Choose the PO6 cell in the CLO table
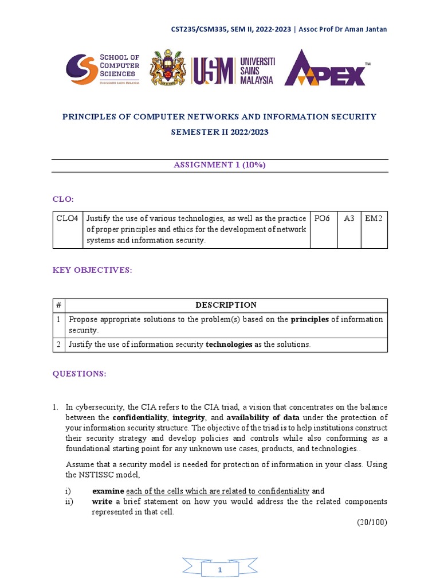coord(323,218)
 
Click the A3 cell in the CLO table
coord(349,218)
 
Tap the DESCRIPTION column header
coord(226,305)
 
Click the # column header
coord(59,305)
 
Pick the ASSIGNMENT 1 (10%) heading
coord(220,165)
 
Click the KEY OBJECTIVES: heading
coord(92,270)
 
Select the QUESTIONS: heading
coord(80,374)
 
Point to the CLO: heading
coord(64,199)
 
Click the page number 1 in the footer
coord(220,570)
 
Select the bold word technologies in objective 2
coord(229,345)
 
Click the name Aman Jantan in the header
coord(366,29)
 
